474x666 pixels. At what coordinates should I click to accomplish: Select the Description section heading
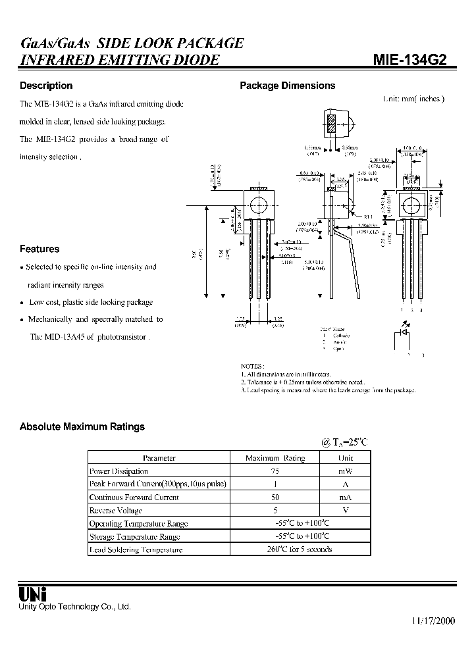[46, 86]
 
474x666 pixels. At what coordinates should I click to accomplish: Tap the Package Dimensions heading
[287, 86]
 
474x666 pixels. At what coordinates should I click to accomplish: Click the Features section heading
[39, 249]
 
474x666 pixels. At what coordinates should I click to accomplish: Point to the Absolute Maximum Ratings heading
[82, 426]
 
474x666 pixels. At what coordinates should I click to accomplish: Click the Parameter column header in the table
[159, 458]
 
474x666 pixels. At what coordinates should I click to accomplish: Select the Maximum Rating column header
[275, 458]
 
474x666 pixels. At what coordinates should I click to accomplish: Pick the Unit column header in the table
[346, 458]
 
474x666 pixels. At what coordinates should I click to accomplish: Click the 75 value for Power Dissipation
[275, 471]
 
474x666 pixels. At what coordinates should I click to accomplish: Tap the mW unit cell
[346, 471]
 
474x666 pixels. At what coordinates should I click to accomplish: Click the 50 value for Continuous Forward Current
[275, 498]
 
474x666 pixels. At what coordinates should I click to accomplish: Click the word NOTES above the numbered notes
[253, 365]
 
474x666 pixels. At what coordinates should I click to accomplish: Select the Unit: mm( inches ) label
[413, 99]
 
